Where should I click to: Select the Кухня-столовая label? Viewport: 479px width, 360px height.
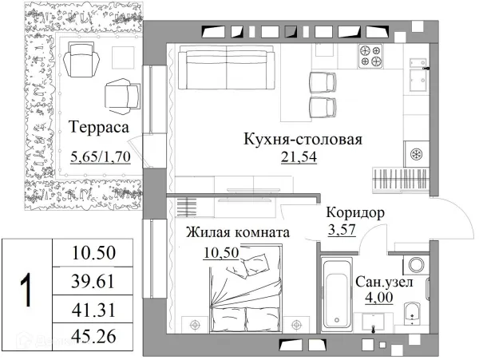pos(303,140)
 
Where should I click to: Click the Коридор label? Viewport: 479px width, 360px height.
pos(356,214)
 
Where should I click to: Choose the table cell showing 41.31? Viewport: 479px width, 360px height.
pos(94,310)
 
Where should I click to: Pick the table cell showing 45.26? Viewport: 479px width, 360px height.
pos(94,338)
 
